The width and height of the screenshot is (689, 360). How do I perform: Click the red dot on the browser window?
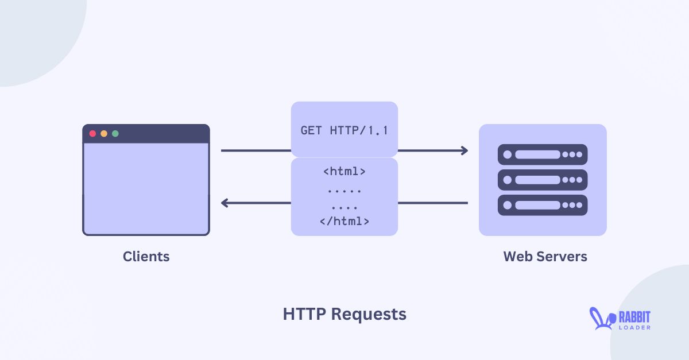tap(92, 134)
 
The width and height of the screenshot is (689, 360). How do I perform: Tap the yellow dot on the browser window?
tap(104, 134)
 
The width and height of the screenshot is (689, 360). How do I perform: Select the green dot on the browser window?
tap(115, 134)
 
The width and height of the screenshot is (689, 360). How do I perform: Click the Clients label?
tap(146, 256)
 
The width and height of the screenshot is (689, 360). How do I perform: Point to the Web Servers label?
tap(545, 256)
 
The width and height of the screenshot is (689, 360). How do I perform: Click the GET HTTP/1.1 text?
tap(344, 130)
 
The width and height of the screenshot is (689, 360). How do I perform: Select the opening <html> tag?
tap(344, 171)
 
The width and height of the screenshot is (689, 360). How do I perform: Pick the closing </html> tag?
tap(344, 220)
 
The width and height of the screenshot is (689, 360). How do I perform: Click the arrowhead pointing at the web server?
tap(463, 150)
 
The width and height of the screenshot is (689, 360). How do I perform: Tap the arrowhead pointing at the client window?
tap(226, 203)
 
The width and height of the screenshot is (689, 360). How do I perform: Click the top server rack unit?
tap(543, 154)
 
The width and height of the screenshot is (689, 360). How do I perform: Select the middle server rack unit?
tap(543, 180)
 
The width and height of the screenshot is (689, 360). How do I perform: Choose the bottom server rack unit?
tap(543, 205)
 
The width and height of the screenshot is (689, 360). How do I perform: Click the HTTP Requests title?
tap(344, 314)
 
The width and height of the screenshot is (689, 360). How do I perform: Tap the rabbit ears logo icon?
tap(599, 319)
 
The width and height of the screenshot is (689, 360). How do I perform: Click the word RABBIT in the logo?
tap(634, 316)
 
